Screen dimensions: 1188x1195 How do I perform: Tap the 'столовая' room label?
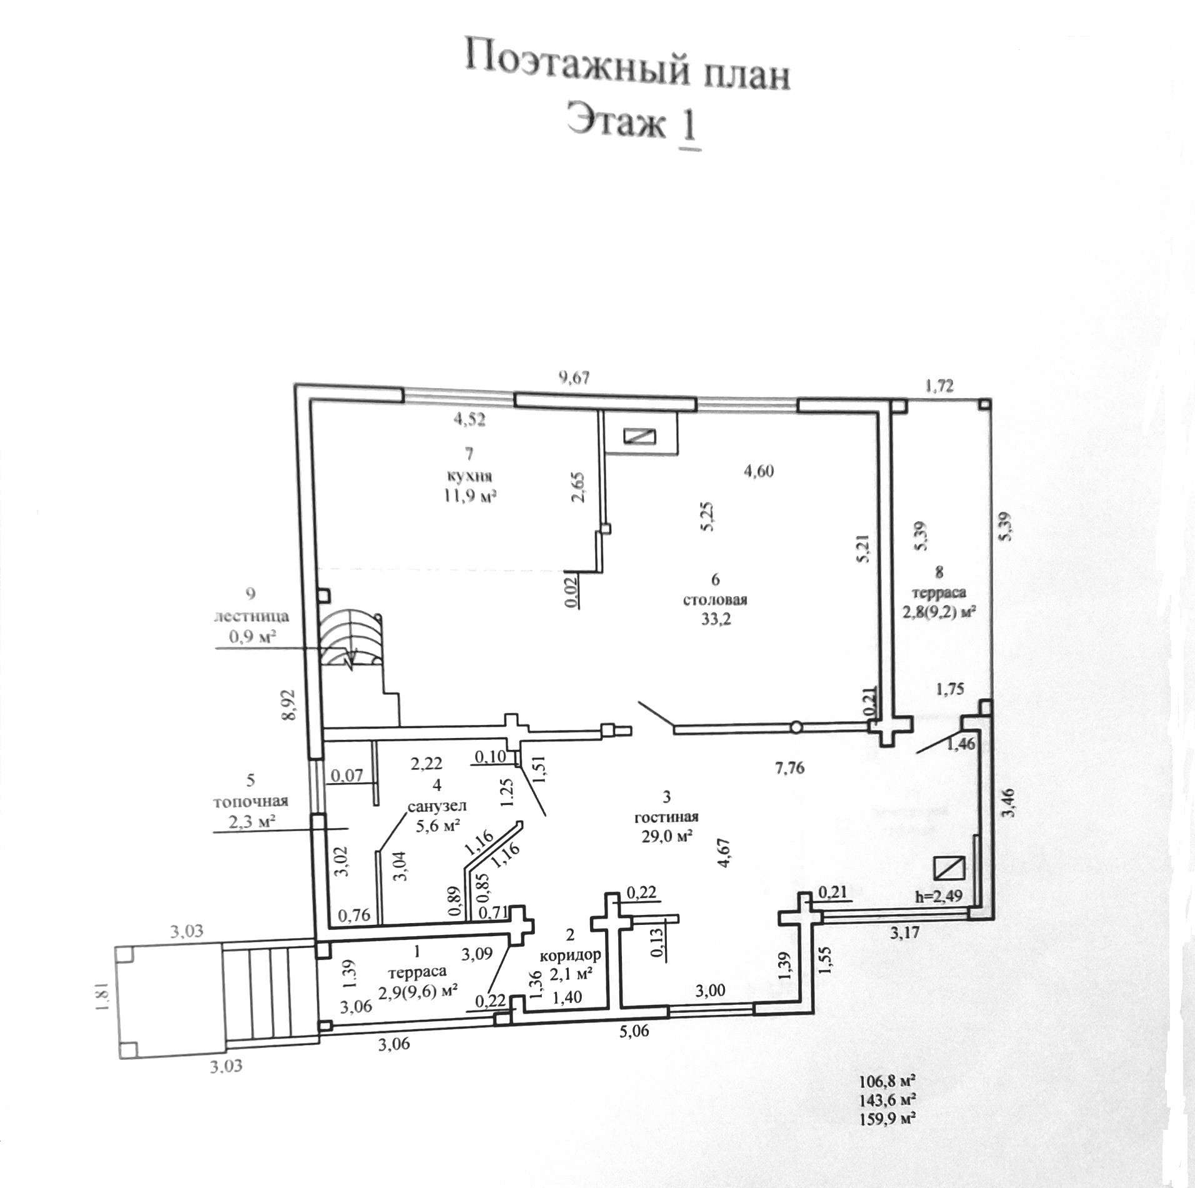(716, 601)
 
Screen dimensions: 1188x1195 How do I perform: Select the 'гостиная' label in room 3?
(666, 817)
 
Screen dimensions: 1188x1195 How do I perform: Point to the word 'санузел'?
(437, 807)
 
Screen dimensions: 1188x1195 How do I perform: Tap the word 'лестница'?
(251, 616)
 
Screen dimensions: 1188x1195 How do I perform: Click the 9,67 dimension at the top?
(574, 377)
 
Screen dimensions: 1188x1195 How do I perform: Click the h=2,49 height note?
(938, 896)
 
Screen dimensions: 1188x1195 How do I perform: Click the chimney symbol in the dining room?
(641, 436)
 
